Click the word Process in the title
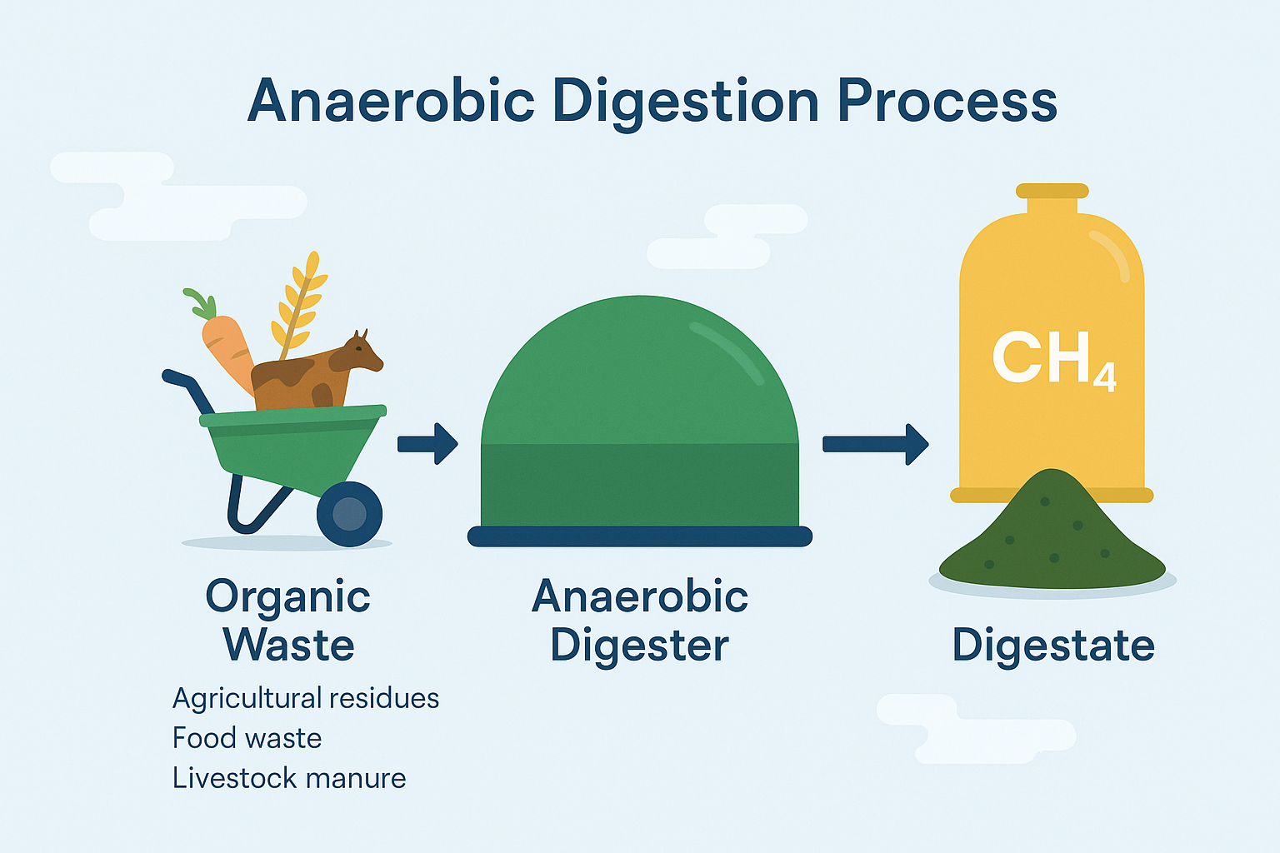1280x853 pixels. pos(947,102)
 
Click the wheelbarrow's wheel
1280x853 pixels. pos(349,514)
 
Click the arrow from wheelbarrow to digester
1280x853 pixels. pos(427,443)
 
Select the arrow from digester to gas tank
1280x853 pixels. pos(875,444)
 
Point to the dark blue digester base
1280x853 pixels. pos(639,536)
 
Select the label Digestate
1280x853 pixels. pos(1053,645)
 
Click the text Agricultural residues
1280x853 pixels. pos(305,698)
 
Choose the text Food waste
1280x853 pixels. pos(247,738)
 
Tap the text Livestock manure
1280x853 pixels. pos(288,778)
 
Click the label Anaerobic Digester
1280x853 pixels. pos(639,621)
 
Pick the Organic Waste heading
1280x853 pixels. pos(288,621)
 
